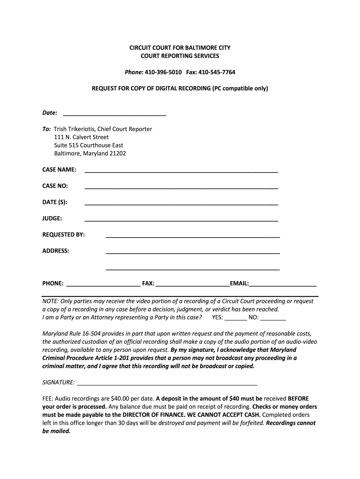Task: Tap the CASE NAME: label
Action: click(59, 170)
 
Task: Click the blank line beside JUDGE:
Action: click(181, 220)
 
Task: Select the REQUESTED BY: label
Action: click(64, 235)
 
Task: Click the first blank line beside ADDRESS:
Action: click(193, 253)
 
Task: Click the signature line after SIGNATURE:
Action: click(167, 383)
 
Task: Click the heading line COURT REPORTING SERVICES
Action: click(180, 56)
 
